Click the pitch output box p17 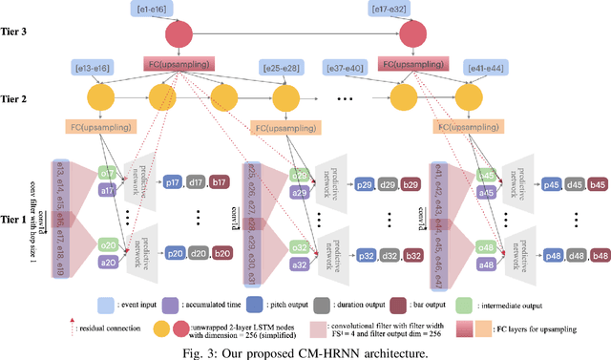[173, 181]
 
